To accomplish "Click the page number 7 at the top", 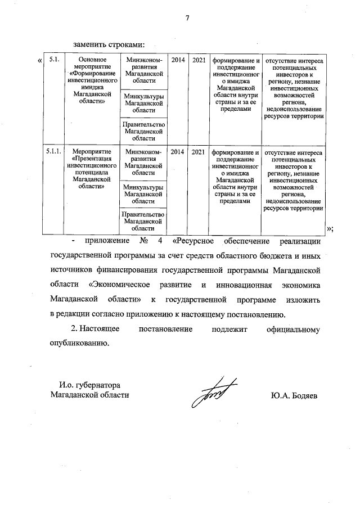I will tap(186, 18).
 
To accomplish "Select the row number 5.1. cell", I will tap(54, 59).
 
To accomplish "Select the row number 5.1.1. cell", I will tap(55, 152).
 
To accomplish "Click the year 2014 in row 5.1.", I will tap(178, 59).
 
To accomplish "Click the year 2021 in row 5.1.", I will tap(199, 59).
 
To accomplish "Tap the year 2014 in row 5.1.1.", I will tap(178, 152).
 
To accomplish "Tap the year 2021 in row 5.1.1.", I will tap(199, 152).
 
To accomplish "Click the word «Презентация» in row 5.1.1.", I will tap(89, 159).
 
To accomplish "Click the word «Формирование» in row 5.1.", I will tap(89, 74).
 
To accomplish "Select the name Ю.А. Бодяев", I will tap(294, 395).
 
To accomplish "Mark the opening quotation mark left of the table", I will tap(39, 60).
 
